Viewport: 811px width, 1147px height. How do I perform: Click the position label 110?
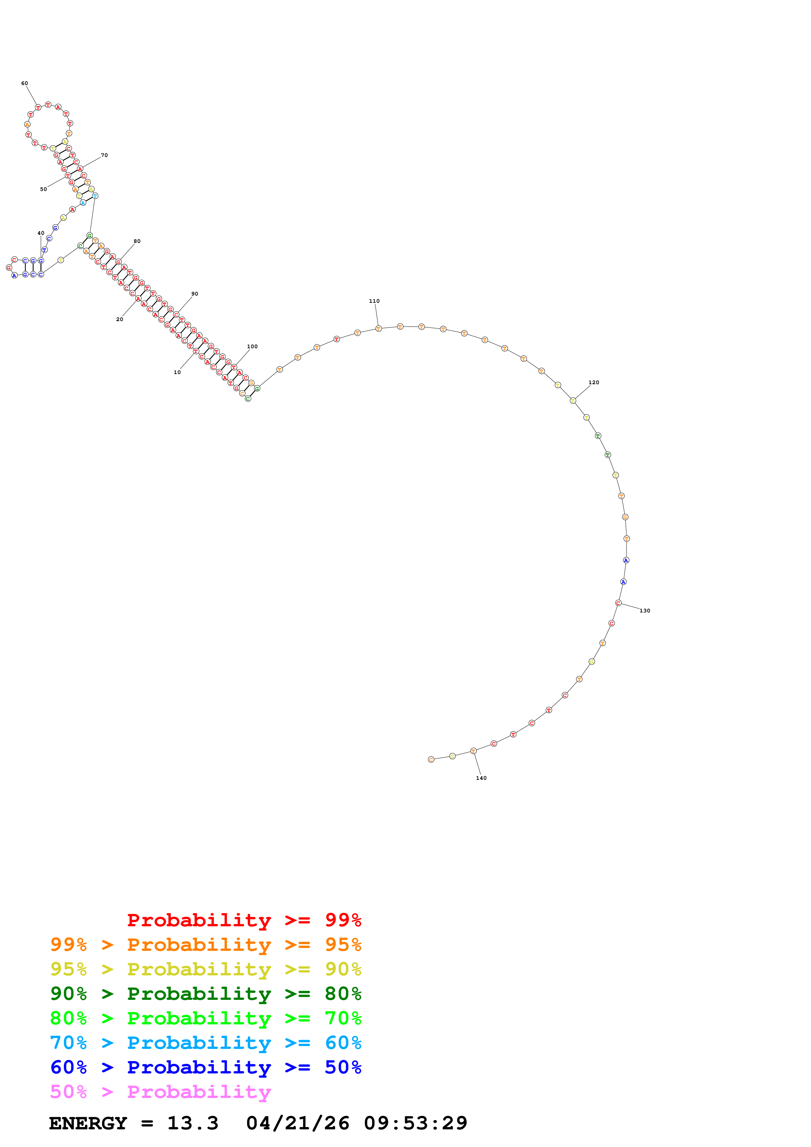click(x=374, y=301)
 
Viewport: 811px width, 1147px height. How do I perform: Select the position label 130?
click(x=644, y=610)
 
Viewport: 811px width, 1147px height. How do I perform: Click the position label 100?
click(x=252, y=346)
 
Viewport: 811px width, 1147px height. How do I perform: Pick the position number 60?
click(x=25, y=83)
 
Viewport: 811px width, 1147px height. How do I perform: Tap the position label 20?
click(x=119, y=319)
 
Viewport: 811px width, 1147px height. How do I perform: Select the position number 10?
click(x=177, y=372)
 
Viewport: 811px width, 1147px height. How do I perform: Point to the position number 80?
click(x=137, y=241)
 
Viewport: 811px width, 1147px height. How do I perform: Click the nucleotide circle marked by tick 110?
click(x=378, y=329)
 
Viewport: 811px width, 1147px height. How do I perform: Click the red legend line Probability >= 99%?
click(x=244, y=920)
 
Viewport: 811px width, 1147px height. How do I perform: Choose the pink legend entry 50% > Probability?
click(x=160, y=1092)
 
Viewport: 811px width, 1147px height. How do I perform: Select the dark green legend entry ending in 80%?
click(x=205, y=994)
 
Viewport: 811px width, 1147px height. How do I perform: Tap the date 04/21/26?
click(x=297, y=1123)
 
